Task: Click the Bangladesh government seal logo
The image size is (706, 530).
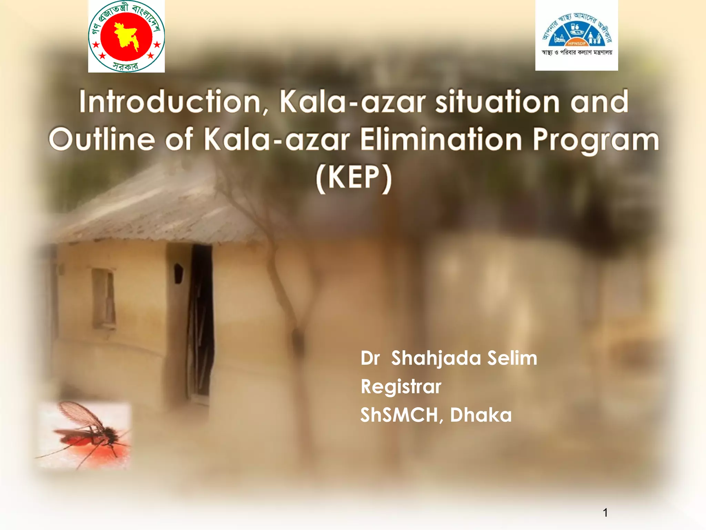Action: [126, 36]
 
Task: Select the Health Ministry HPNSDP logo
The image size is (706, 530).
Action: [576, 35]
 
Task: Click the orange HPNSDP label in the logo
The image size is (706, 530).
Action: [577, 43]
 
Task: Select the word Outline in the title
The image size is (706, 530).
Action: [102, 139]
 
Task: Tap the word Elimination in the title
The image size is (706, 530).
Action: [441, 139]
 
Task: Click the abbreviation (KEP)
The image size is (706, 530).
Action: [354, 178]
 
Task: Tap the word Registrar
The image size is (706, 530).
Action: [401, 386]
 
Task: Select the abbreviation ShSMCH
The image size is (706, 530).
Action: [399, 415]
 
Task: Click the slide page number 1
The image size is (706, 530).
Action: [605, 512]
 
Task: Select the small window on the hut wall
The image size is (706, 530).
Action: [103, 298]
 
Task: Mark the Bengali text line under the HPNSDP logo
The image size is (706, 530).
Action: [577, 52]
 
